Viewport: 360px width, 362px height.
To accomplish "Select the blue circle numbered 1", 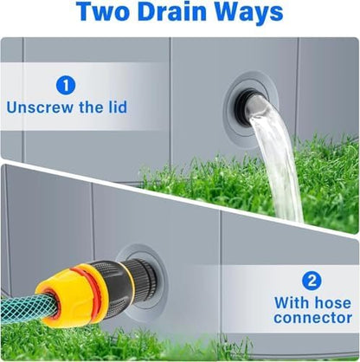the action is click(66, 86).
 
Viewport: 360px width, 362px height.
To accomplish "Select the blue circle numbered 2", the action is click(312, 281).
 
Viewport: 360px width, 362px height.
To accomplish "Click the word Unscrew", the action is click(40, 107).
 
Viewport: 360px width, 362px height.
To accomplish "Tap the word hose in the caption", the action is click(333, 303).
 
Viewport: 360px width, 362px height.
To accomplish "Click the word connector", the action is click(313, 318).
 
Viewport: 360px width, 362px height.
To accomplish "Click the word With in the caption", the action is click(292, 303).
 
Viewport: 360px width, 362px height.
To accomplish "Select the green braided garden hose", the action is click(24, 309).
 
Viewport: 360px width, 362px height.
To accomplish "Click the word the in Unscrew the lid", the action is click(89, 107).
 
